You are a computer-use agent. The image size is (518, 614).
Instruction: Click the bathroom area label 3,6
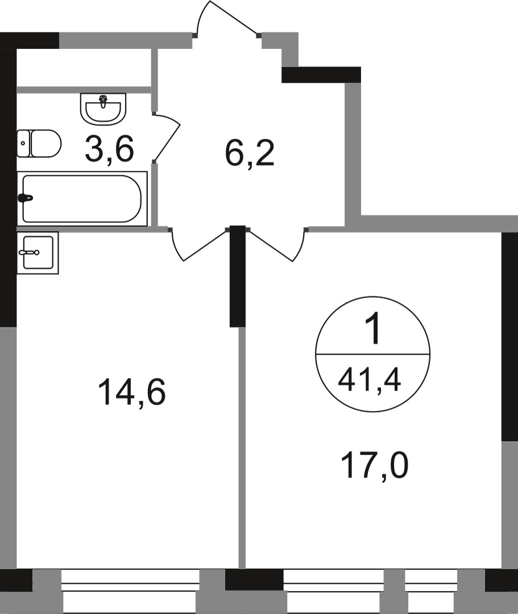109,150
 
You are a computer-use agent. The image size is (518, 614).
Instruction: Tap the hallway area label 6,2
250,154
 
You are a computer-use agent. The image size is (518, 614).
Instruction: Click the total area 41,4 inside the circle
369,378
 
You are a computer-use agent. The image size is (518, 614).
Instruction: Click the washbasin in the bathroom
103,108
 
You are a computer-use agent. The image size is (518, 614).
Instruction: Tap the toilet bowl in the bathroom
45,143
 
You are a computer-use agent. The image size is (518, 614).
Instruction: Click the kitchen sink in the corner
38,252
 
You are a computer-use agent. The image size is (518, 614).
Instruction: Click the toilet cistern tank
23,143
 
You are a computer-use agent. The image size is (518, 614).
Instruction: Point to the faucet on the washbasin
103,102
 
